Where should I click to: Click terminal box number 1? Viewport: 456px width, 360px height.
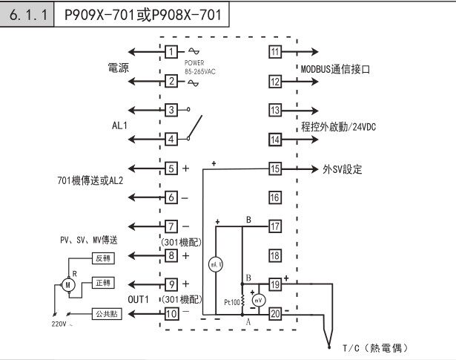point(171,52)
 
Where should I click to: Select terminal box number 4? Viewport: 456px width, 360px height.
point(171,139)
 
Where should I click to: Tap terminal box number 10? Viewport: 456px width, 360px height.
point(171,313)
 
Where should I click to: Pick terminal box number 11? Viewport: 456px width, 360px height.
point(275,52)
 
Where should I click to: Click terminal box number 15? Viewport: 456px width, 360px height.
point(275,168)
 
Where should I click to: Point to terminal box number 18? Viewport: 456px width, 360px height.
point(275,255)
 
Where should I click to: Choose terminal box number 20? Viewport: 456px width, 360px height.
point(275,313)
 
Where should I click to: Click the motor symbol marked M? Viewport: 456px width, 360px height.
point(68,284)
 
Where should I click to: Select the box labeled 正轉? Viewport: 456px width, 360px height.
point(102,284)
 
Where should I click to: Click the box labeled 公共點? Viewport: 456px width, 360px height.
point(102,313)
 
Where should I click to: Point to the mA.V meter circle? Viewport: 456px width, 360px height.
point(213,264)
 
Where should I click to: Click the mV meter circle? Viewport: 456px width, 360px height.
point(258,301)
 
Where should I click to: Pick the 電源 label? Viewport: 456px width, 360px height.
point(119,68)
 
